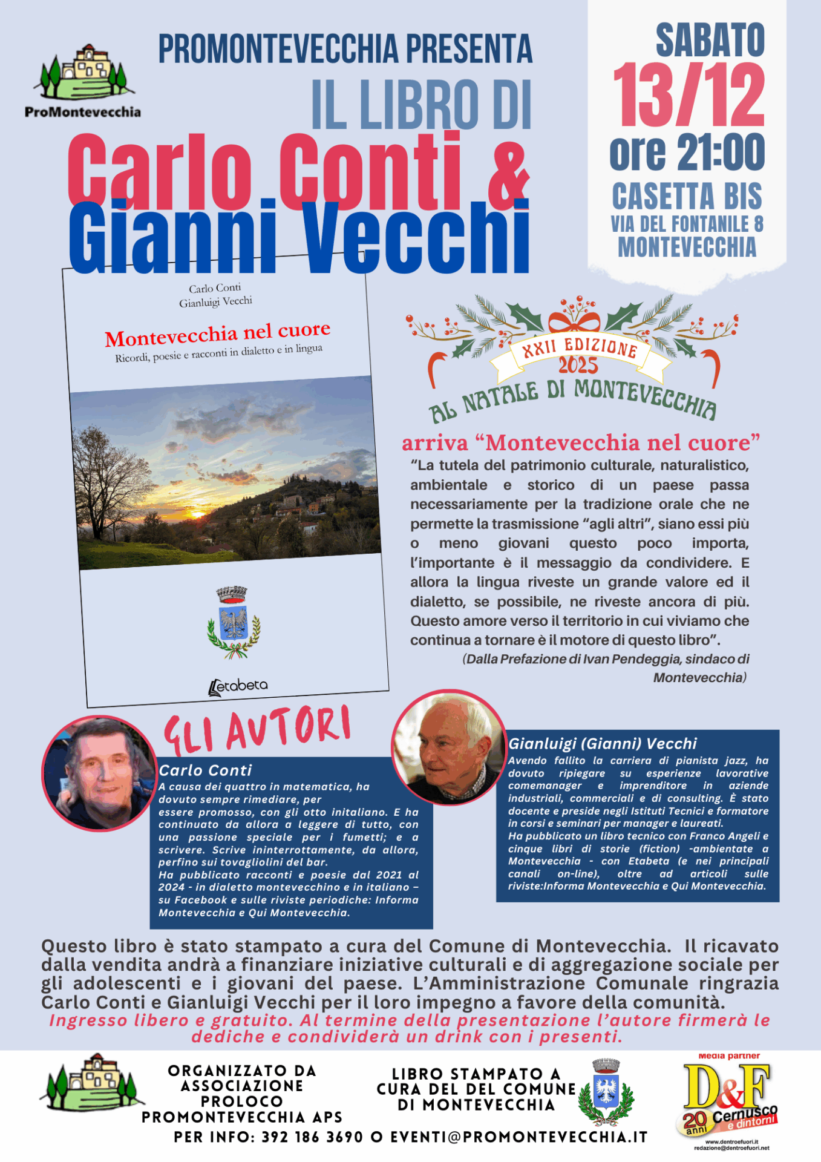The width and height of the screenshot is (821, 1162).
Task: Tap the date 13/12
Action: (x=689, y=96)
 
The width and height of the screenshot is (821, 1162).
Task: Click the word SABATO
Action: (x=710, y=40)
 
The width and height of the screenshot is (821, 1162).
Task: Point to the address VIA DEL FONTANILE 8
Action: (x=687, y=224)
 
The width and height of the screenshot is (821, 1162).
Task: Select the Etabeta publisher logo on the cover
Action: (x=237, y=686)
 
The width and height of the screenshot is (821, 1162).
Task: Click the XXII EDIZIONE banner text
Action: (x=580, y=347)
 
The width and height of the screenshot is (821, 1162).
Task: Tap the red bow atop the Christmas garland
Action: (x=574, y=319)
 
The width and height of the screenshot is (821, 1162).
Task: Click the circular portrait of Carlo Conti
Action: (x=99, y=773)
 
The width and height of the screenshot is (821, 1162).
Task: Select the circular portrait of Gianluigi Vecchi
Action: (x=449, y=748)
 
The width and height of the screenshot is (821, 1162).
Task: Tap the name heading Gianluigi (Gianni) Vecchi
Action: (x=603, y=743)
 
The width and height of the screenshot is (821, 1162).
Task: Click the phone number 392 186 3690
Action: (x=312, y=1137)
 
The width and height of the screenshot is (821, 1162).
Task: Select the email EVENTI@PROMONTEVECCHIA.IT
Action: (x=518, y=1137)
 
